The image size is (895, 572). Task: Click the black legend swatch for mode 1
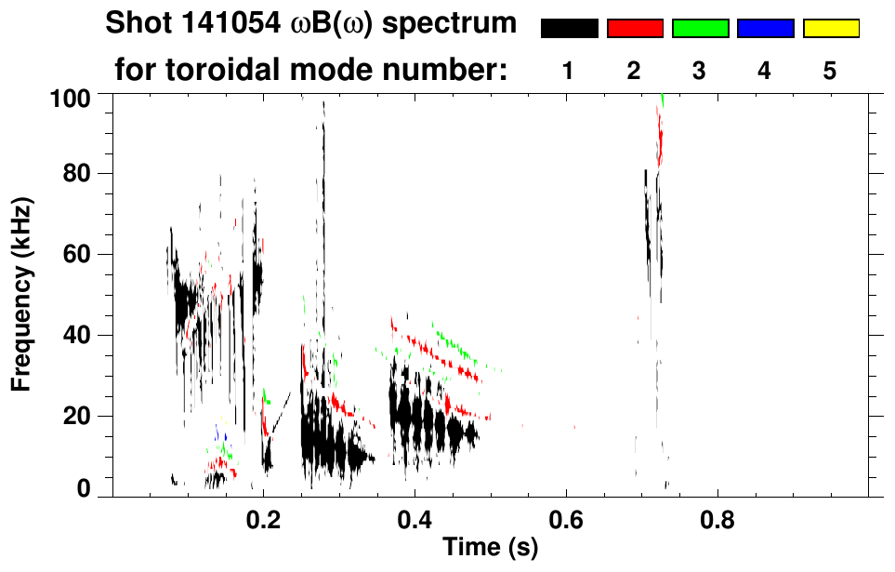tap(569, 29)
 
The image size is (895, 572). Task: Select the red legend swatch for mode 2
tap(635, 29)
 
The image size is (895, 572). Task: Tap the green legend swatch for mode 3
tap(700, 29)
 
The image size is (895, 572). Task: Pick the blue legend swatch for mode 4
tap(765, 29)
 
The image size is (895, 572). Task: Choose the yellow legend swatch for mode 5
tap(830, 29)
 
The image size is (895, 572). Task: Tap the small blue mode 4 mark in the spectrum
tap(218, 431)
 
